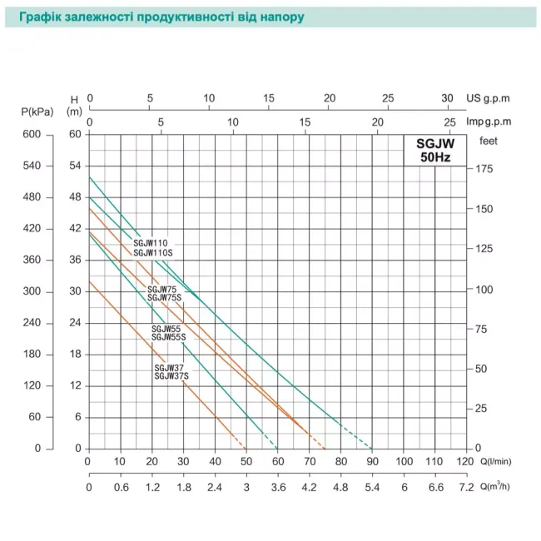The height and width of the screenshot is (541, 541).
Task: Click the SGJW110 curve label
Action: coord(150,243)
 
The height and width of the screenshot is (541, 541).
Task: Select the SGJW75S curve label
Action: coord(165,297)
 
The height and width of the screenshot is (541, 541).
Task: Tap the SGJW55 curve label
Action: coord(166,329)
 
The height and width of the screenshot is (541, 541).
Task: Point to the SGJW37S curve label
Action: coord(171,376)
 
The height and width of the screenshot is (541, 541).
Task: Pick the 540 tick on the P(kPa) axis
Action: coord(32,166)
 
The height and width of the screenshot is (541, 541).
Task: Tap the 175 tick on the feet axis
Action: coord(486,169)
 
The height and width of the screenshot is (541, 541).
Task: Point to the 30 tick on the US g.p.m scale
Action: coord(448,97)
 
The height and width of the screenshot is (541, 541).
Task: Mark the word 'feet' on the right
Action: coord(489,141)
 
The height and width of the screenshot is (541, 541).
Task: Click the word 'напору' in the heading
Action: coord(275,16)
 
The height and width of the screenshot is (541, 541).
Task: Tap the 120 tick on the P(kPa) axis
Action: coord(32,385)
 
